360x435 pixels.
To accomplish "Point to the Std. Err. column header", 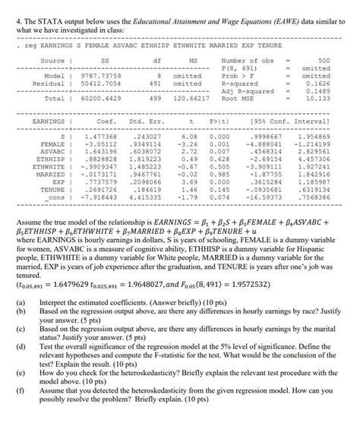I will tap(146, 121).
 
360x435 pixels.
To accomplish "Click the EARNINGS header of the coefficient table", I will tap(50, 121).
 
